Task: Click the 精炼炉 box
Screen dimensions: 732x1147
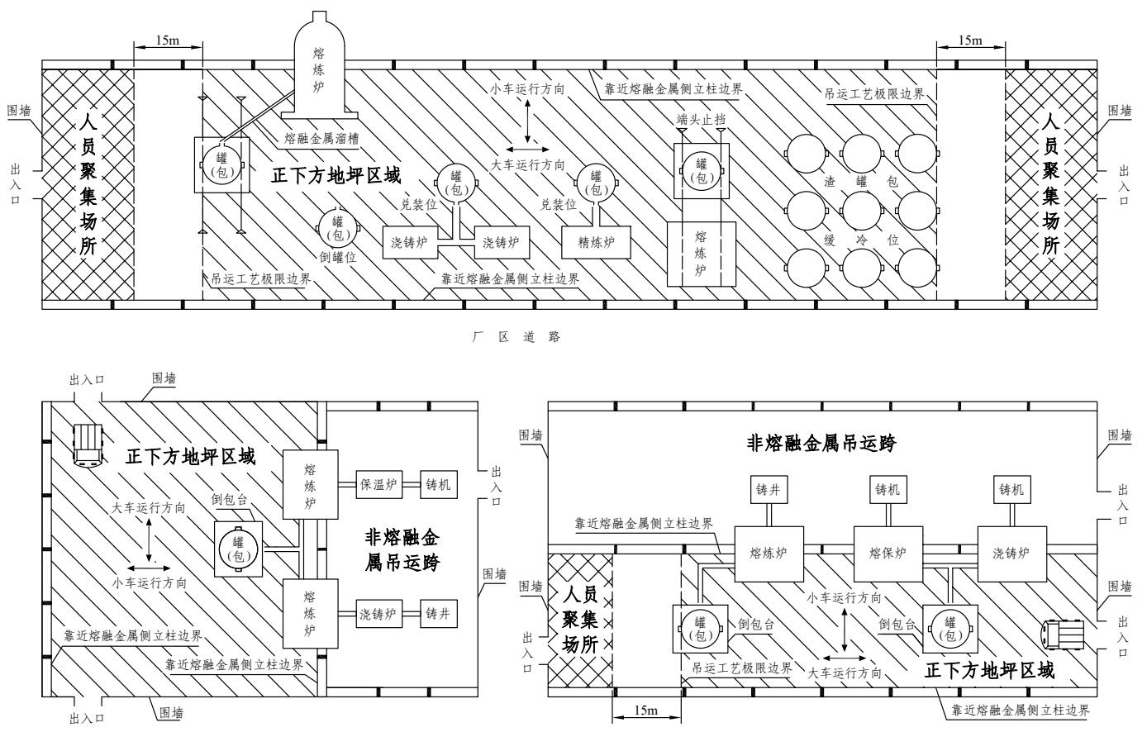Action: coord(595,240)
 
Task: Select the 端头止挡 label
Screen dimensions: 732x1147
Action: coord(701,119)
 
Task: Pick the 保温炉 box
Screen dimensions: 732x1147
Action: coord(379,485)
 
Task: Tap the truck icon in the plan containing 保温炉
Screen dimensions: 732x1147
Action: coord(87,444)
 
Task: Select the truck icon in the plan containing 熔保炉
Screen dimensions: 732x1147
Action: coord(1063,635)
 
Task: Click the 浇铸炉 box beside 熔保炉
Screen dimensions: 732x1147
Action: coord(1012,553)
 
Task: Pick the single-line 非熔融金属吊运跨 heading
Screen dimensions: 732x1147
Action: coord(822,442)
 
